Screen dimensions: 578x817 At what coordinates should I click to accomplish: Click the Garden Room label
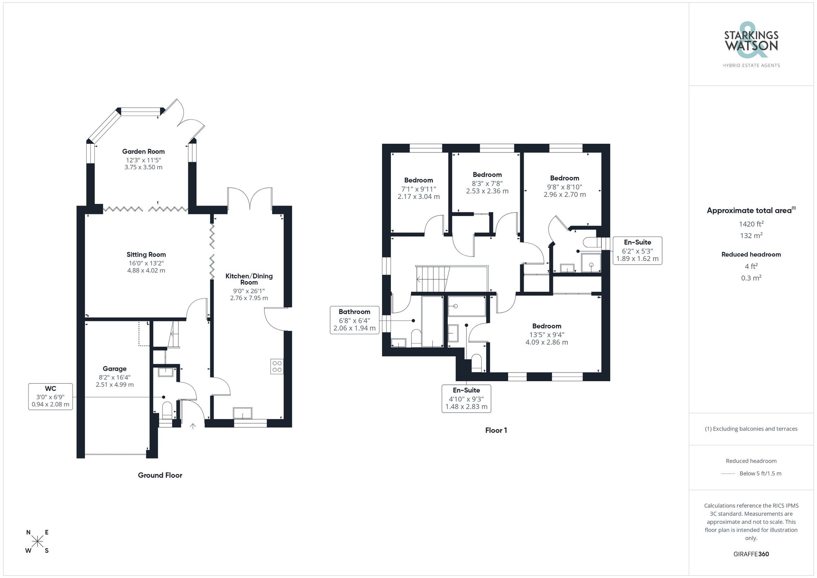click(143, 152)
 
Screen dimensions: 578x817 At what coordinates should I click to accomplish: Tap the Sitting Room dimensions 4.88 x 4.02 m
click(146, 270)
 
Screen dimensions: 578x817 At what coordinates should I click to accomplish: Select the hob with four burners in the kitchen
click(277, 366)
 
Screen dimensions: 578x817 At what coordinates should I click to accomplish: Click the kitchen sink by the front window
click(243, 413)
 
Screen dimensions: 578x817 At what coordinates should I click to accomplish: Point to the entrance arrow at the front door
click(193, 426)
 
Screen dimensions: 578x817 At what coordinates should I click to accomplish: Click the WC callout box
click(50, 397)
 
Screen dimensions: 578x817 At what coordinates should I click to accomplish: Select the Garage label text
click(114, 369)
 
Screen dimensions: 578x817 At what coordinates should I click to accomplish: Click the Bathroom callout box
click(354, 320)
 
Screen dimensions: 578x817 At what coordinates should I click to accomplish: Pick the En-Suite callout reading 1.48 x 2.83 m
click(466, 399)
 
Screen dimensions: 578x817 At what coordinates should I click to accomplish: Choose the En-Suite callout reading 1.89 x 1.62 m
click(637, 250)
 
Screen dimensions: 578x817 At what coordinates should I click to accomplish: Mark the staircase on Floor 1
click(432, 279)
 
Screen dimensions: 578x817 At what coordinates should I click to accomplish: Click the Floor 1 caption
click(496, 430)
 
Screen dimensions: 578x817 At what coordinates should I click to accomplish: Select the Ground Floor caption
click(160, 475)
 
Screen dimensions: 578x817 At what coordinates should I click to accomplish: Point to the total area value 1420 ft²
click(751, 224)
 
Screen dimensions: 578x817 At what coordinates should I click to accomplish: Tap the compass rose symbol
click(38, 541)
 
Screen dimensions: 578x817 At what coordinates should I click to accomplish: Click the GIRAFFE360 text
click(751, 554)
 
